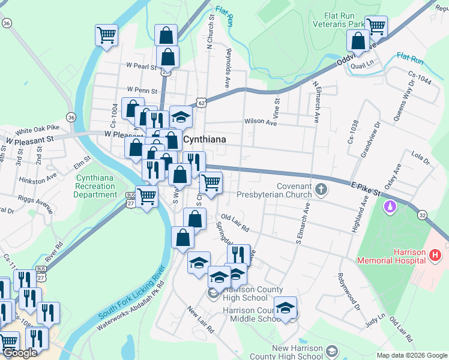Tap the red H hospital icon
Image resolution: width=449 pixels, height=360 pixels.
[x=436, y=256]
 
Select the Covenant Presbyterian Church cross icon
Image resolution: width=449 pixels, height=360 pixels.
[x=321, y=190]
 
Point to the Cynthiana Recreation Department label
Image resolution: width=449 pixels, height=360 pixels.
[x=95, y=186]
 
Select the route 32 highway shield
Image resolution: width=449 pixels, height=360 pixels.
[x=423, y=214]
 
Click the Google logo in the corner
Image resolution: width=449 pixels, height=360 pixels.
[x=20, y=353]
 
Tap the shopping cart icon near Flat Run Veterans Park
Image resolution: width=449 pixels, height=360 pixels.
[x=376, y=25]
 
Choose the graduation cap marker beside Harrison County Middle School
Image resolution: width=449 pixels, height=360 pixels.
[x=286, y=308]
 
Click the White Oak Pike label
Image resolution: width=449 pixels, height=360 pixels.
[x=37, y=130]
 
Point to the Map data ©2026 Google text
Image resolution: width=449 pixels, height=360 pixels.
[x=411, y=355]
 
